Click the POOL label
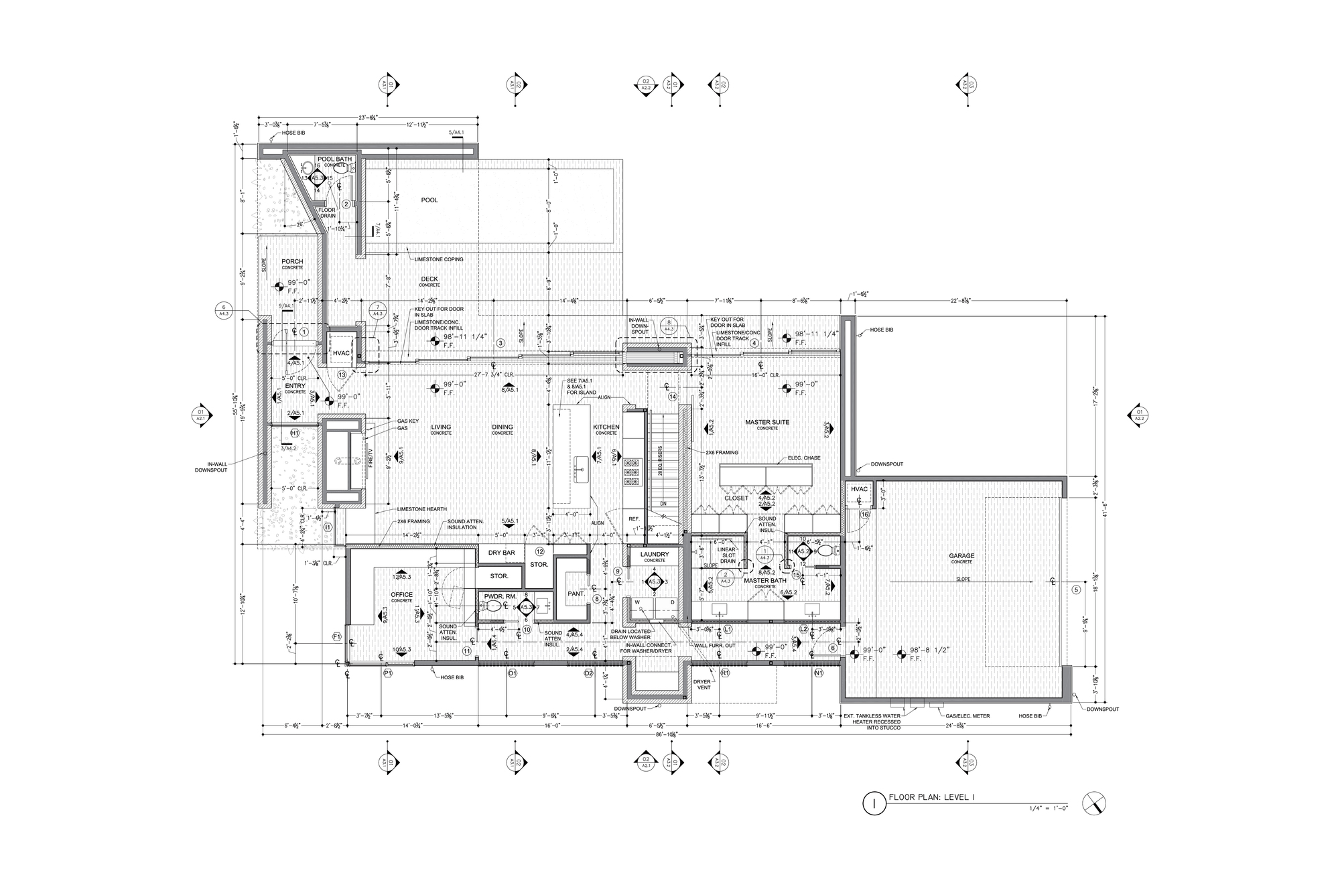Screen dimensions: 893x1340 (x=429, y=200)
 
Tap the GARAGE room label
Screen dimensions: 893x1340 (x=961, y=556)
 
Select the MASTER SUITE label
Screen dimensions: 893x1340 (x=767, y=422)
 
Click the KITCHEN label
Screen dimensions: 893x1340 (x=606, y=427)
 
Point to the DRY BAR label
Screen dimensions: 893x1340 (x=501, y=553)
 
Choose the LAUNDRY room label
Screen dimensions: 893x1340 (x=654, y=554)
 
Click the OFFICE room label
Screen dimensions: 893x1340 (x=401, y=594)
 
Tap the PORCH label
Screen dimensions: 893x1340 (x=292, y=261)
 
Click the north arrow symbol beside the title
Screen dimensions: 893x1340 (x=1093, y=803)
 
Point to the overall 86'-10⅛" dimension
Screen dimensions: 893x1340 (x=667, y=735)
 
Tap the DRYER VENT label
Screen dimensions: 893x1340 (x=701, y=685)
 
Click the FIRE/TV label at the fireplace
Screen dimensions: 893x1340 (x=368, y=459)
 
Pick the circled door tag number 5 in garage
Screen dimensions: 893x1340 (x=1076, y=590)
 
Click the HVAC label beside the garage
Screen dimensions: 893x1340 (x=859, y=489)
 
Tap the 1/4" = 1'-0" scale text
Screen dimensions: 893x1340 (x=1049, y=809)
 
